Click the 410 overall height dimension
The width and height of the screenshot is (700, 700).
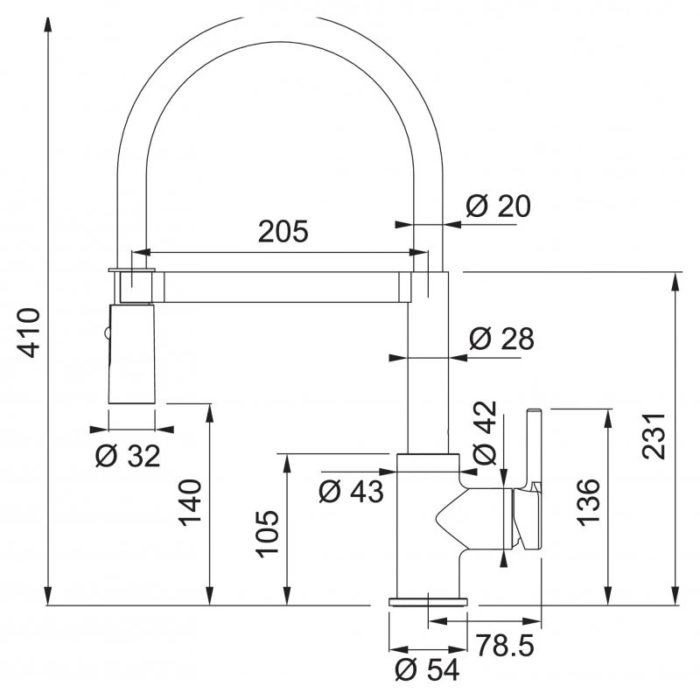(29, 332)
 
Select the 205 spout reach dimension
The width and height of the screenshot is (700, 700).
(283, 232)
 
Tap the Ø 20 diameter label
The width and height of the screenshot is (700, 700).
(498, 206)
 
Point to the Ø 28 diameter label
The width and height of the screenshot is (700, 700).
(500, 339)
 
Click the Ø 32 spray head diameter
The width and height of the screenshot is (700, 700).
(128, 454)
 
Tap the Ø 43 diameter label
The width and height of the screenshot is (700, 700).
(351, 491)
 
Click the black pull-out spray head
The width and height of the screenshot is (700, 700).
(131, 354)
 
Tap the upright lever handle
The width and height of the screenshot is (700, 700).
(533, 446)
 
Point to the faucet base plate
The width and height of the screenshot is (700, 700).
(428, 600)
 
